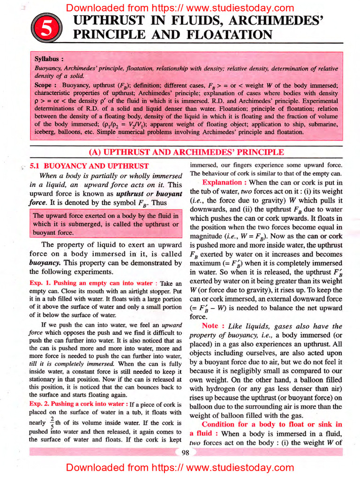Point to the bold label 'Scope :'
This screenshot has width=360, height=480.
click(x=45, y=86)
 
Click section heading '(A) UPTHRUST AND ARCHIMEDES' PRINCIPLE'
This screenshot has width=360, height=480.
click(x=186, y=152)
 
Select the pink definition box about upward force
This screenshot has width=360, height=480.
click(x=105, y=224)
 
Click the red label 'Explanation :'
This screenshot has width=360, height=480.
click(x=222, y=182)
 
